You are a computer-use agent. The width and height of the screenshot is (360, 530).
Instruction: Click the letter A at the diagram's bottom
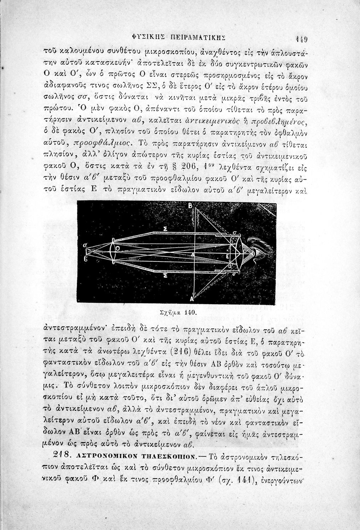tap(192, 299)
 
